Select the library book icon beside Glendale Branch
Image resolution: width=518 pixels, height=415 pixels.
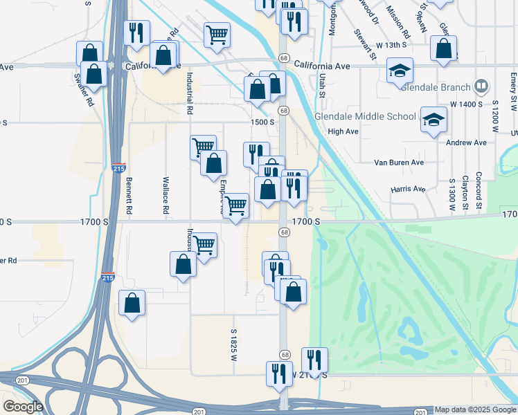[481, 86]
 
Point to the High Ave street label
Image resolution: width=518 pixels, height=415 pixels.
[343, 131]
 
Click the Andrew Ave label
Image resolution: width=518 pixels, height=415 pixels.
[467, 142]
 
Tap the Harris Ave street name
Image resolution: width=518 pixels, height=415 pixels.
[408, 189]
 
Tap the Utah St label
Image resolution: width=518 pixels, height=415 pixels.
[323, 87]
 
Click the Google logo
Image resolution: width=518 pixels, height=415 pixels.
[23, 407]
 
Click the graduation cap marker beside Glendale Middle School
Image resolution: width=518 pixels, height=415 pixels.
[433, 119]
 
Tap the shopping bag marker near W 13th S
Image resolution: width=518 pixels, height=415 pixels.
[443, 48]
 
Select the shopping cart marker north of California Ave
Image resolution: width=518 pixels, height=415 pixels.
[217, 34]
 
